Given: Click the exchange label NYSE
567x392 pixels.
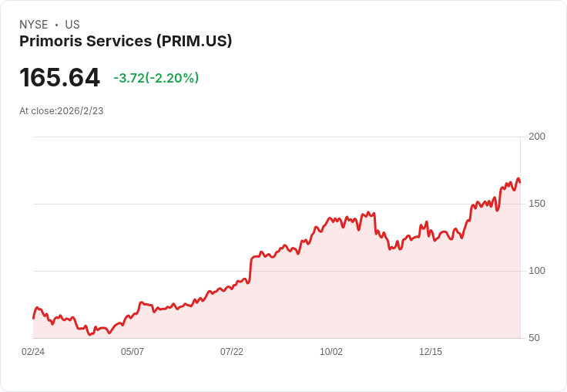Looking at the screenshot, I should (x=33, y=25).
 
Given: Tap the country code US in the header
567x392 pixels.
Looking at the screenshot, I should (x=72, y=25).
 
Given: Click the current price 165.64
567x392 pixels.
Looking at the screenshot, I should (x=59, y=78).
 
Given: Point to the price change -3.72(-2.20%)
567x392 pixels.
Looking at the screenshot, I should (x=156, y=78).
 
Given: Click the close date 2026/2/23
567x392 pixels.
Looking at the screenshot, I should (x=80, y=111).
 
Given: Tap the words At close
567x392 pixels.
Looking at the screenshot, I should (x=37, y=111).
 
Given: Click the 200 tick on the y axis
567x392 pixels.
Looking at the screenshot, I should (x=536, y=137).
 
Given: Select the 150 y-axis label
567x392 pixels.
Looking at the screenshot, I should (x=536, y=204).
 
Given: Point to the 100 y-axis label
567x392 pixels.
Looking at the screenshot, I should (x=536, y=271).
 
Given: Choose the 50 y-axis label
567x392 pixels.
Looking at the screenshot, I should (x=534, y=338).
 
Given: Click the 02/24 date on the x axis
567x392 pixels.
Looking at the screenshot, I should (x=33, y=352).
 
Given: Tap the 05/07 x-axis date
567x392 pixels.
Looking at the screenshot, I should (x=133, y=352).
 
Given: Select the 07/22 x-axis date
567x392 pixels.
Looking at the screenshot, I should (x=232, y=352).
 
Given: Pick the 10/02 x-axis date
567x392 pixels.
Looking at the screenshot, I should (x=331, y=352).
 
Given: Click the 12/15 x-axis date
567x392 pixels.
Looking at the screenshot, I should (x=431, y=352).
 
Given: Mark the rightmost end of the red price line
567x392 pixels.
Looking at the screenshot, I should (x=520, y=182).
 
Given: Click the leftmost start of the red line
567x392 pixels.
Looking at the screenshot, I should (x=33, y=317).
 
